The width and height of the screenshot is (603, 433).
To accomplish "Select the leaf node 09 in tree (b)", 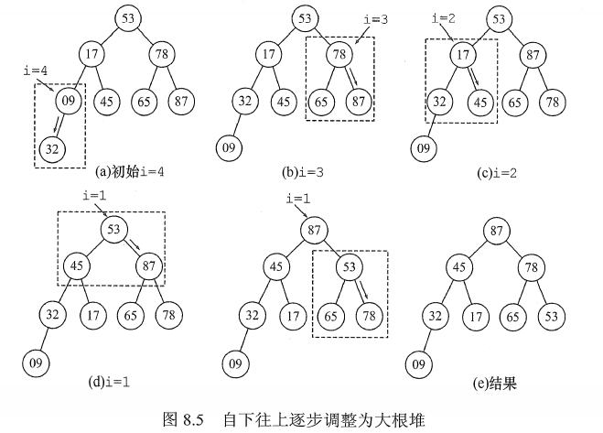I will tap(230, 145).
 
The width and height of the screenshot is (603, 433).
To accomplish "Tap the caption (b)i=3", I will tap(305, 170).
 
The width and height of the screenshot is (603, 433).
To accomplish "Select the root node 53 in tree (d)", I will tap(114, 229).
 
